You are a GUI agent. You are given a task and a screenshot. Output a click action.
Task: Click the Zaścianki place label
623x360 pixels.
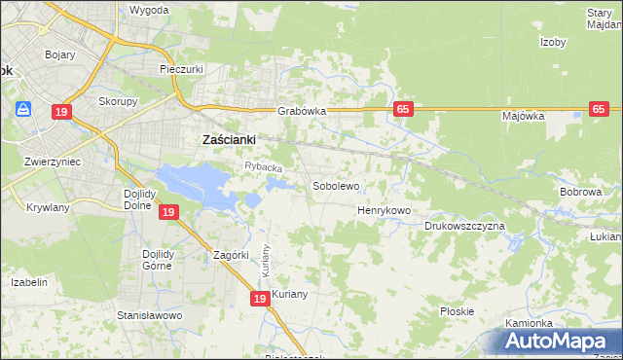pos(228,139)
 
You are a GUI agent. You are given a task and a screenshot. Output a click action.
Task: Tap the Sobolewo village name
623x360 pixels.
pos(336,185)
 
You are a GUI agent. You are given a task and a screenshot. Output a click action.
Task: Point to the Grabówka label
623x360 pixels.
pos(301,111)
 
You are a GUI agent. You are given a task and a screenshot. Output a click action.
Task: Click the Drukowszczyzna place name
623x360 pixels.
pos(464,226)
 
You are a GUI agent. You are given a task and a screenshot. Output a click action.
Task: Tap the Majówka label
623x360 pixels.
pos(523,116)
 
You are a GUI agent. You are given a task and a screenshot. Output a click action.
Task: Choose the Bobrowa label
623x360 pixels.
pos(580,192)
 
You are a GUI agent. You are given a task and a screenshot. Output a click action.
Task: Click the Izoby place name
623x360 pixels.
pos(554,42)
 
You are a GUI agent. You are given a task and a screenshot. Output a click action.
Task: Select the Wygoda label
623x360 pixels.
pos(149,10)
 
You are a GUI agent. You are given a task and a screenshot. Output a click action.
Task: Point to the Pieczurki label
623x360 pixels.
pos(180,70)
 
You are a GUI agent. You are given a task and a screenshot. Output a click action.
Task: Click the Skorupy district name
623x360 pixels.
pos(117,100)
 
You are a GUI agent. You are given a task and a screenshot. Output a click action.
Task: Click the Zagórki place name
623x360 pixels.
pos(233,255)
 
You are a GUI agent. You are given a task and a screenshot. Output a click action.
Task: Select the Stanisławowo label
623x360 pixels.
pos(150,316)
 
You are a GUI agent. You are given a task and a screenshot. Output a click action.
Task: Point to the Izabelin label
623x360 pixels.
pos(29,282)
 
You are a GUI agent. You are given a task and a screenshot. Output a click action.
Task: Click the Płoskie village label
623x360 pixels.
pos(457,311)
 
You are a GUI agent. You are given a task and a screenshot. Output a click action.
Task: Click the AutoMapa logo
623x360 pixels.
pos(561,342)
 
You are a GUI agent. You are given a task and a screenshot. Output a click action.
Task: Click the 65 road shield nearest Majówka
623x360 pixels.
pos(599,110)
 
